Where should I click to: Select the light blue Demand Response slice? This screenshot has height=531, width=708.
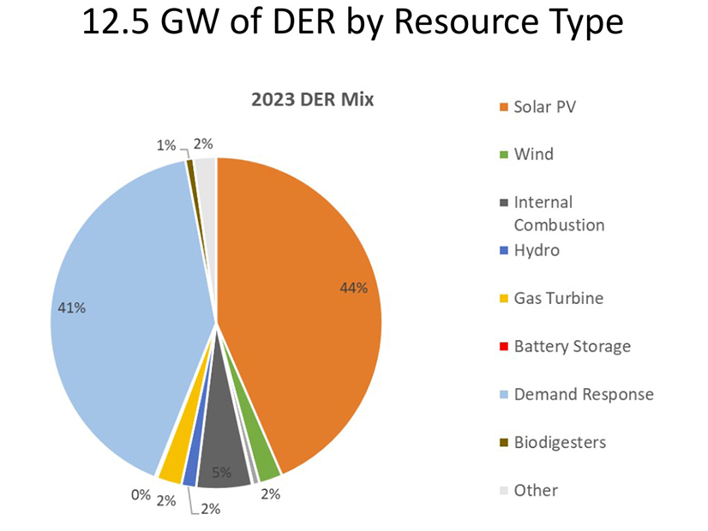click(129, 325)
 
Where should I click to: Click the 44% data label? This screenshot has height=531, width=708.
click(353, 288)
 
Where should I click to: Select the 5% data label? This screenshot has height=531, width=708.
click(221, 470)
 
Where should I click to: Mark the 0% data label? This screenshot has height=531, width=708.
click(140, 494)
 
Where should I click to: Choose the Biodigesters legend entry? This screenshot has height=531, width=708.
click(560, 443)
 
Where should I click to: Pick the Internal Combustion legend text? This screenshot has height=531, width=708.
click(558, 213)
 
